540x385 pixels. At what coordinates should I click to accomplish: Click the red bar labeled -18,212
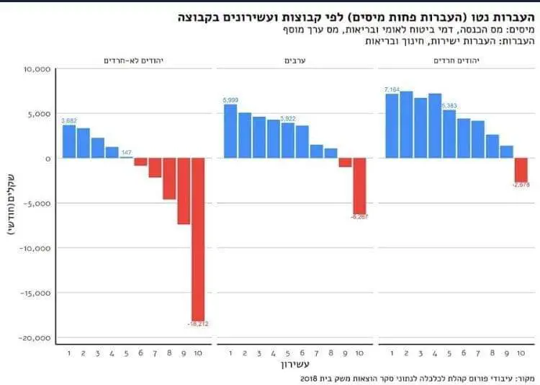coord(198,238)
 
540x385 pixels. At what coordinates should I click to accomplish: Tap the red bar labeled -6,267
coord(359,185)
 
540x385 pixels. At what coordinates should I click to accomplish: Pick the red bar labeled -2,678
coord(521,170)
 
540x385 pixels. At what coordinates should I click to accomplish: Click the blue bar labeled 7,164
coord(392,125)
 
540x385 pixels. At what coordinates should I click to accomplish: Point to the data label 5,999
coord(230,99)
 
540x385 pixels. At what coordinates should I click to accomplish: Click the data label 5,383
coord(449,105)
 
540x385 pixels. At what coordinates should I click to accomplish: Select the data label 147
coord(126,152)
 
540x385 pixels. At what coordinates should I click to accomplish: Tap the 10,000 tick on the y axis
coord(35,69)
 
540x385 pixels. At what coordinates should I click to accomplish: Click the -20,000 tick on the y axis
coord(33,338)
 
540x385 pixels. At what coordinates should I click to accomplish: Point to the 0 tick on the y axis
coord(45,159)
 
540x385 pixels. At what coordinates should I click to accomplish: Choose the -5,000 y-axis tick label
coord(35,203)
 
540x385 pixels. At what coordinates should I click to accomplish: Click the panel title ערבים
coord(294,61)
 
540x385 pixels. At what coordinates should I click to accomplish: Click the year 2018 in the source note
coord(308,378)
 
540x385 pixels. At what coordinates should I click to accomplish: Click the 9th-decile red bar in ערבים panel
coord(345,162)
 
